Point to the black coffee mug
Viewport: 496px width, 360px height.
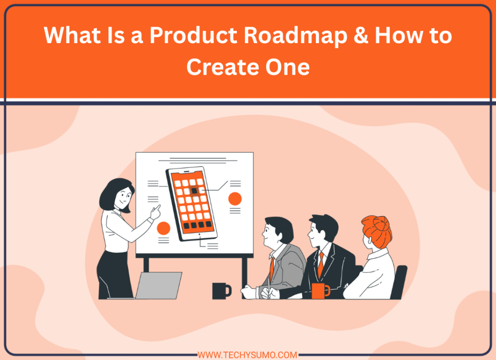tap(220, 290)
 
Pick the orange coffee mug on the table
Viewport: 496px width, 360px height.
tap(320, 290)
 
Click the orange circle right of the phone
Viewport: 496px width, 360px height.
tap(235, 199)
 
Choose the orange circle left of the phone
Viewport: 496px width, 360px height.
tap(164, 228)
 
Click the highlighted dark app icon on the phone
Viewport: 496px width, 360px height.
tap(194, 191)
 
